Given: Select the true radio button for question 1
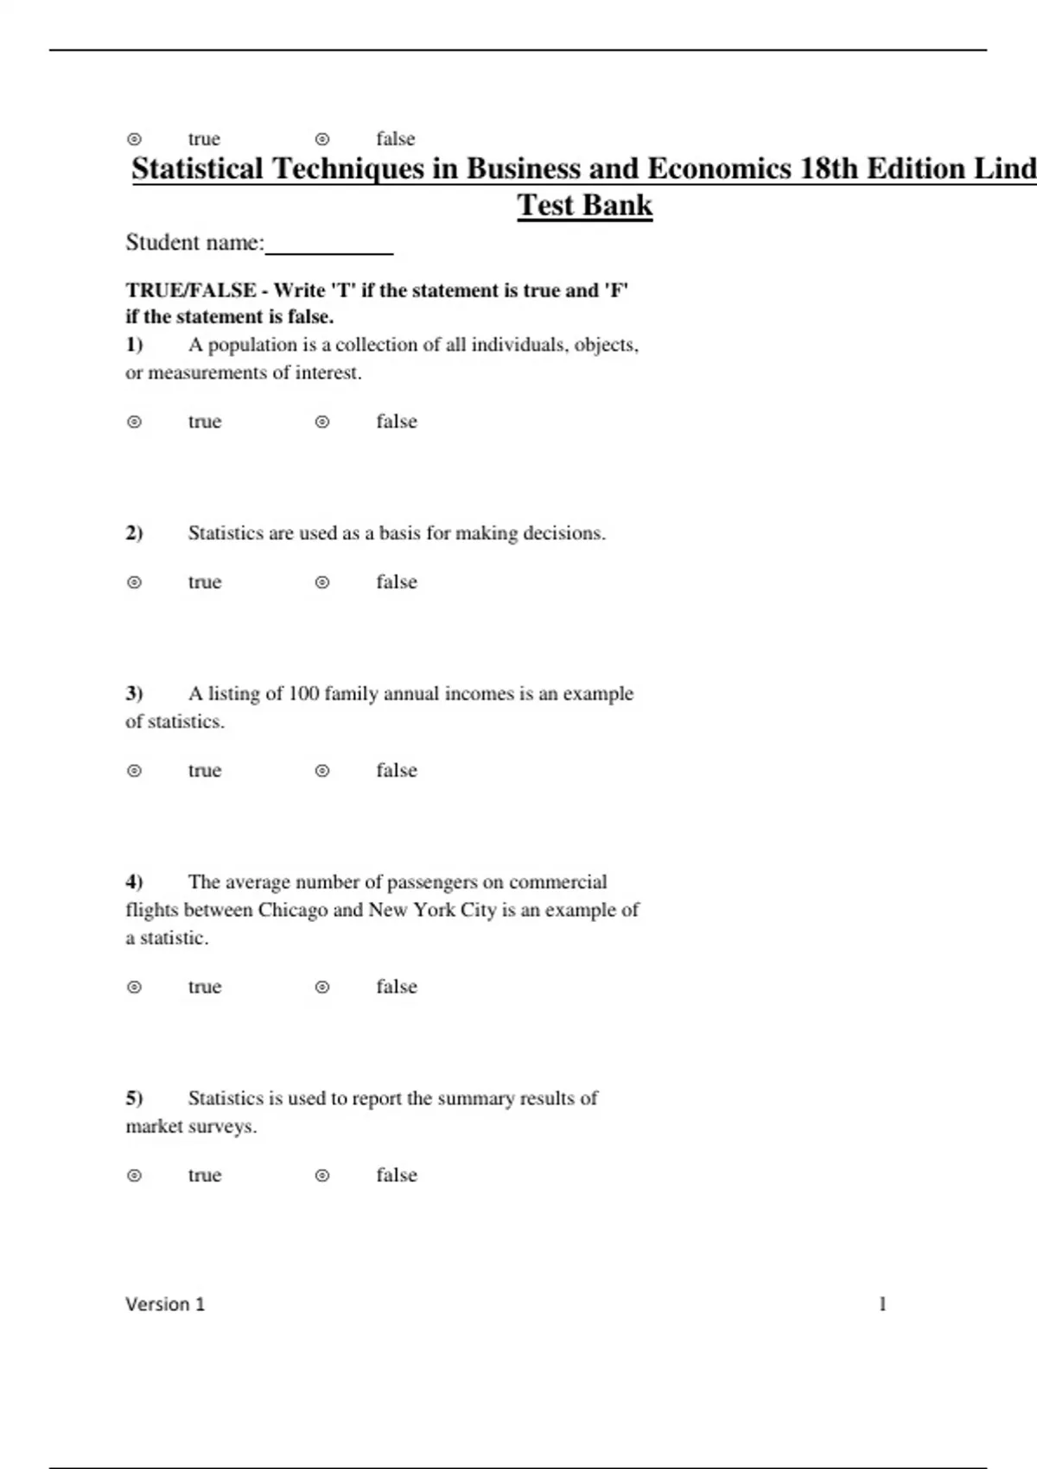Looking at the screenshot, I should pyautogui.click(x=135, y=423).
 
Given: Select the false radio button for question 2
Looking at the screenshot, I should pyautogui.click(x=322, y=583).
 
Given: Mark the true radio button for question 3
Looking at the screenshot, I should pyautogui.click(x=135, y=772).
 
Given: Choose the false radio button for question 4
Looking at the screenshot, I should pyautogui.click(x=322, y=988).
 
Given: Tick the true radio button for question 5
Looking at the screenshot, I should pyautogui.click(x=135, y=1176).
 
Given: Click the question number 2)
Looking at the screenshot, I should pyautogui.click(x=134, y=533).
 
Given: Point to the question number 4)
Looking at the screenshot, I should pyautogui.click(x=134, y=882).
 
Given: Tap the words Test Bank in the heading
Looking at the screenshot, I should pyautogui.click(x=585, y=206).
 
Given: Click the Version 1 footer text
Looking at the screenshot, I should pyautogui.click(x=165, y=1305).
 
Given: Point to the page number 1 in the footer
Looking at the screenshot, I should pyautogui.click(x=882, y=1304).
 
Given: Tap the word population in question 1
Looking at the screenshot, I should pyautogui.click(x=252, y=345).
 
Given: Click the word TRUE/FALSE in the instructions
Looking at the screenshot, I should pyautogui.click(x=191, y=290).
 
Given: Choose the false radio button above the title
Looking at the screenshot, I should pyautogui.click(x=322, y=139).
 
